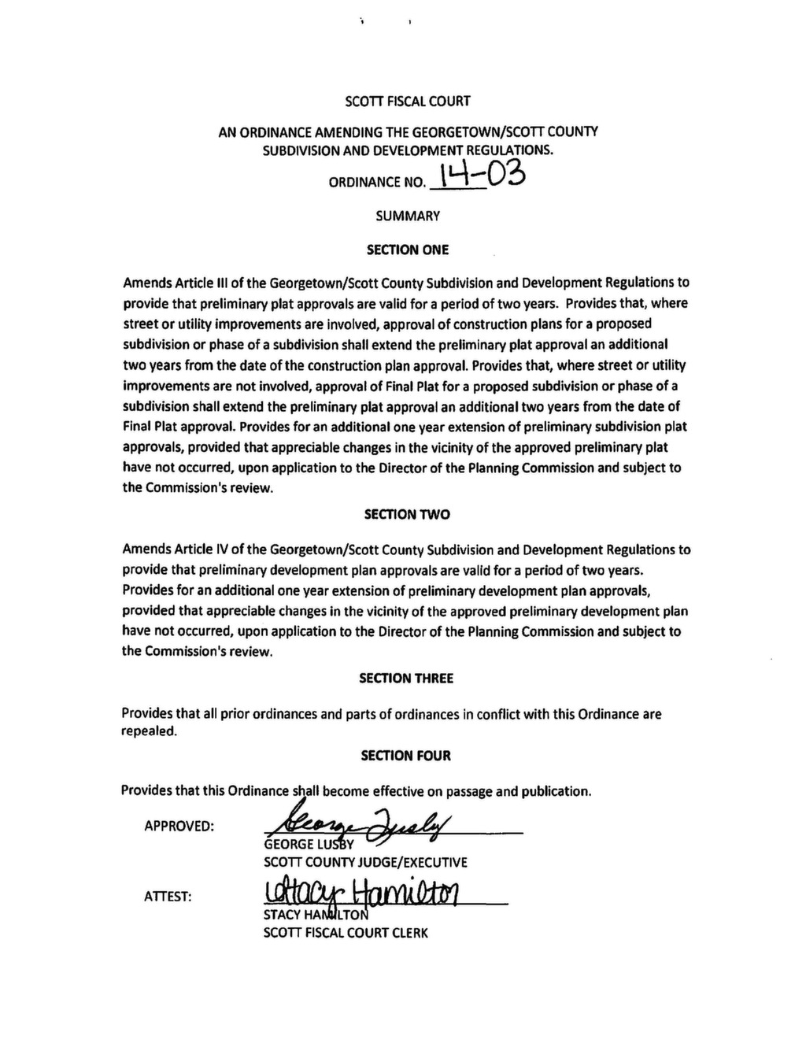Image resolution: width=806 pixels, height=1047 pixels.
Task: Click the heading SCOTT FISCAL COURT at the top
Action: pos(408,102)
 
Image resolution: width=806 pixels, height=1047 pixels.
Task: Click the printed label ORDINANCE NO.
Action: pos(376,183)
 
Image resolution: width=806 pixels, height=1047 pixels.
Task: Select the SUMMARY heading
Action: pos(408,216)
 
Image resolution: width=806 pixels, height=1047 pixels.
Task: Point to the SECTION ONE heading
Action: pos(408,250)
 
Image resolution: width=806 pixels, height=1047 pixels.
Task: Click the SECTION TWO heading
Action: pos(407,515)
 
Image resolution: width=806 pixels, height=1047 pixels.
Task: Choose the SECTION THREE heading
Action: pos(406,679)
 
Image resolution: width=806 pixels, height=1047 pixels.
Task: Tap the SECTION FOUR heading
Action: pos(406,757)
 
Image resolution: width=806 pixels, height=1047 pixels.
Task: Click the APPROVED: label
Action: pos(179,827)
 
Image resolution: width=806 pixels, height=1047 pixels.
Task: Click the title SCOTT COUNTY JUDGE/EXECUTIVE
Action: pos(365,863)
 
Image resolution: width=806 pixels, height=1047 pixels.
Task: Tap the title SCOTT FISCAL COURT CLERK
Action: pos(346,934)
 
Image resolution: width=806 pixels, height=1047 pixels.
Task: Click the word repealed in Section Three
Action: pos(150,731)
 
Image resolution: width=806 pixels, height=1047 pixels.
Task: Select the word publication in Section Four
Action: pos(556,791)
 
